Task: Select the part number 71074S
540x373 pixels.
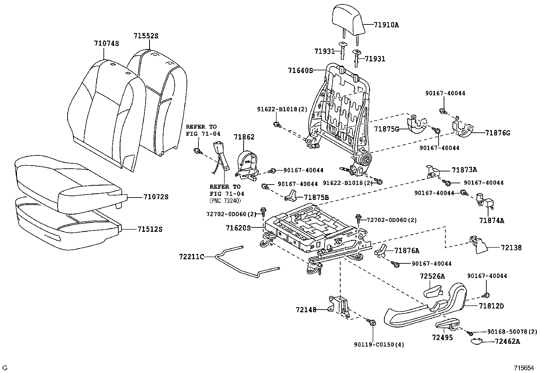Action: (x=107, y=43)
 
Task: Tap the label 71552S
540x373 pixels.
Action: (x=146, y=36)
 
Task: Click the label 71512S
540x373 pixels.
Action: (x=150, y=229)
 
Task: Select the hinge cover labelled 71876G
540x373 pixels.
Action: (x=463, y=130)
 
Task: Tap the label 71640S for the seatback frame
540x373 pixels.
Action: (x=300, y=71)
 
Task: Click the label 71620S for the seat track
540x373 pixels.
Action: (x=238, y=228)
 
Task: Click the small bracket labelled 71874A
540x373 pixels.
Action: (x=484, y=201)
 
